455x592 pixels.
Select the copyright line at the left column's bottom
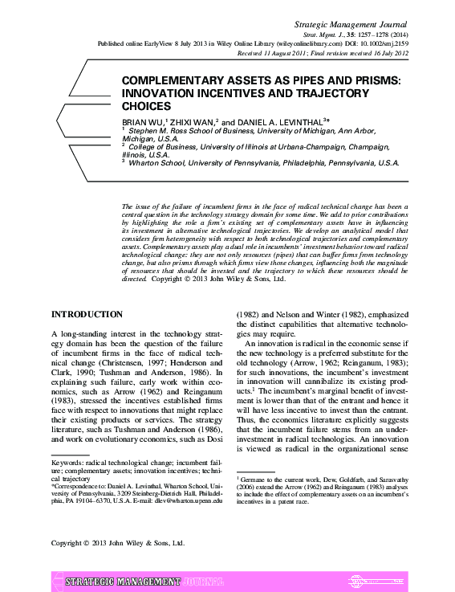point(117,543)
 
